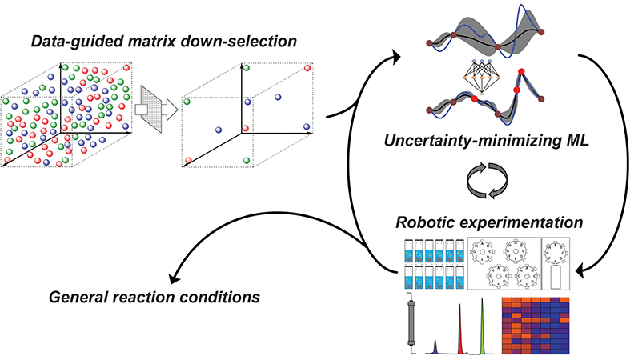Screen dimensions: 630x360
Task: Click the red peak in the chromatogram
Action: [460, 329]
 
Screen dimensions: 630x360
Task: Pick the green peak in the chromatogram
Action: [483, 327]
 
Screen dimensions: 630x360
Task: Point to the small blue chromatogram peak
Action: [435, 347]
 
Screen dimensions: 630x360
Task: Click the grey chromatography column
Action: [411, 322]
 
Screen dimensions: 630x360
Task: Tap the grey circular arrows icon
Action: [488, 180]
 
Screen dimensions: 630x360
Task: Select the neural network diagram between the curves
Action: [481, 77]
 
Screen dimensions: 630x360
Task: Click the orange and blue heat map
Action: [536, 326]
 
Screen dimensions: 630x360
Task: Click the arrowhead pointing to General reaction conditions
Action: [175, 278]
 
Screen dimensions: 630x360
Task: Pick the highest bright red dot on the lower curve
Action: [521, 72]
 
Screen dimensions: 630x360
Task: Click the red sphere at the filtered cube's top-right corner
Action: [307, 68]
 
